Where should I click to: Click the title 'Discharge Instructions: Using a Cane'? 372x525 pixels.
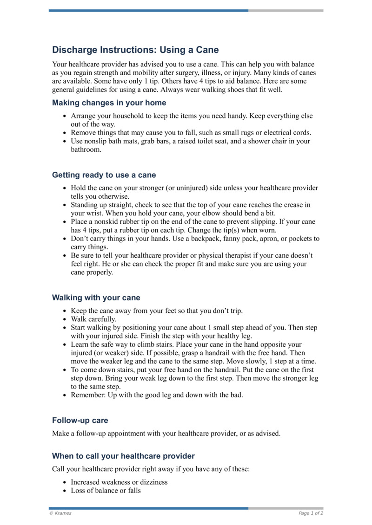click(135, 50)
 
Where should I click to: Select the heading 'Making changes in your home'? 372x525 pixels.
click(109, 103)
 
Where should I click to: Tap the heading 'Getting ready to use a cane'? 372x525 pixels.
click(104, 175)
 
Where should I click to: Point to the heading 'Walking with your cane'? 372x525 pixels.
click(96, 298)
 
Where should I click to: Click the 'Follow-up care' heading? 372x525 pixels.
click(80, 421)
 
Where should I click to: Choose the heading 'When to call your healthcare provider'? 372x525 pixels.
click(123, 456)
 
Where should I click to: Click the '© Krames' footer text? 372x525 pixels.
click(60, 513)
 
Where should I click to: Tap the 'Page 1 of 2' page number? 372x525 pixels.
click(311, 513)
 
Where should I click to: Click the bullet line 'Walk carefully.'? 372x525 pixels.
click(93, 319)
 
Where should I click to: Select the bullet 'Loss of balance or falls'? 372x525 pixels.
click(106, 490)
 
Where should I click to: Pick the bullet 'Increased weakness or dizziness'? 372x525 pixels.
click(119, 482)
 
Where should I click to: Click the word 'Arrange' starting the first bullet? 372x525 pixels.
click(84, 116)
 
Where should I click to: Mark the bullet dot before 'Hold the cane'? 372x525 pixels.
click(64, 188)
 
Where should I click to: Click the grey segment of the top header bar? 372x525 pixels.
click(286, 10)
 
